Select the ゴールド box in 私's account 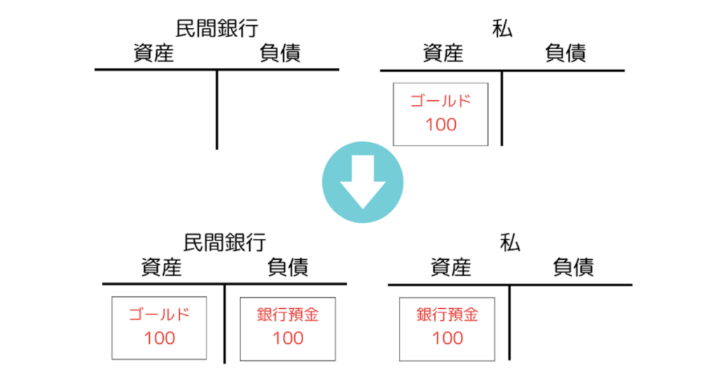click(440, 113)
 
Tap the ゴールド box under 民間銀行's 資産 click(159, 327)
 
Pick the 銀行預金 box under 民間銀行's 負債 click(287, 327)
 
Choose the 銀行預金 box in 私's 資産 click(447, 327)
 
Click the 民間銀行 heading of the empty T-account click(216, 28)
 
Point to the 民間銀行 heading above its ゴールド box click(224, 242)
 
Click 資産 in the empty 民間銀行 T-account click(153, 53)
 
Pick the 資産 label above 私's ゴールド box click(443, 53)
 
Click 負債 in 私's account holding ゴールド click(565, 53)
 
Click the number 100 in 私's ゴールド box click(440, 125)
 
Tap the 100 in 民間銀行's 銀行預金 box click(287, 338)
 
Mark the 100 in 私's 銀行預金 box click(447, 338)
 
